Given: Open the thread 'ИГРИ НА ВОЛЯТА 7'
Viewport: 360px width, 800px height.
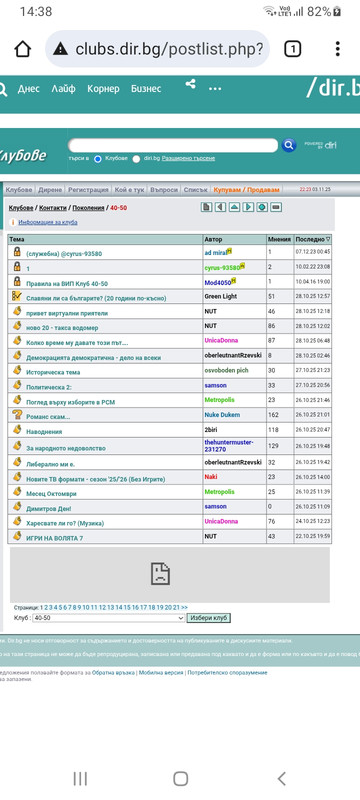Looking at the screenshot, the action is (54, 537).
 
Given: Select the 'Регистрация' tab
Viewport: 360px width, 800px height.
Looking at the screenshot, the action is (90, 189).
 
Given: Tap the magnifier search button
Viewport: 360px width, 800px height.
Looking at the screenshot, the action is (289, 145).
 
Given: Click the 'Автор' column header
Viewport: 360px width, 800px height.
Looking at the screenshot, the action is (214, 240).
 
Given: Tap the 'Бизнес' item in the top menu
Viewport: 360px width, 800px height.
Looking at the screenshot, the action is (146, 89).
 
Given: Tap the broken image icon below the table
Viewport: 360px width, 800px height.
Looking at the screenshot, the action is (159, 573).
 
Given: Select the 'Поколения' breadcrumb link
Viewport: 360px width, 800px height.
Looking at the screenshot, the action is (88, 207).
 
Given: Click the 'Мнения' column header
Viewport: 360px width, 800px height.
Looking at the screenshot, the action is (279, 240).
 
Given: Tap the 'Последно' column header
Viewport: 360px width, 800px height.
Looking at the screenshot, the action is (313, 240).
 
